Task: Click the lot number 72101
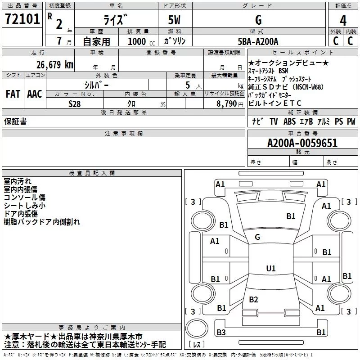coord(22,19)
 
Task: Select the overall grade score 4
coord(343,21)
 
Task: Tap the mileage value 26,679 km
coord(54,64)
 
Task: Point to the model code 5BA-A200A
coord(258,41)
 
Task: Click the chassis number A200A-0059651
coord(302,143)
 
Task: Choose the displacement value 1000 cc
coord(141,41)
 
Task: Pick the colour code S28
coord(74,104)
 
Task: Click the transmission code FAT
coord(13,94)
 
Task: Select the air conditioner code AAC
coord(35,94)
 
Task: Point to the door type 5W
coord(174,20)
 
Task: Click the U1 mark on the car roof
coord(271,268)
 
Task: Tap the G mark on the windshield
coord(257,237)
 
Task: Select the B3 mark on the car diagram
coord(221,332)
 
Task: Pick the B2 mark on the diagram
coord(253,299)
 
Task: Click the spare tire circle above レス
coord(197,328)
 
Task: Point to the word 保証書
coord(15,121)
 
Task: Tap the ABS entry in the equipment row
coord(289,121)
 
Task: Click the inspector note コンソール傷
coord(25,198)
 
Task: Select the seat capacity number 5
coord(188,85)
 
